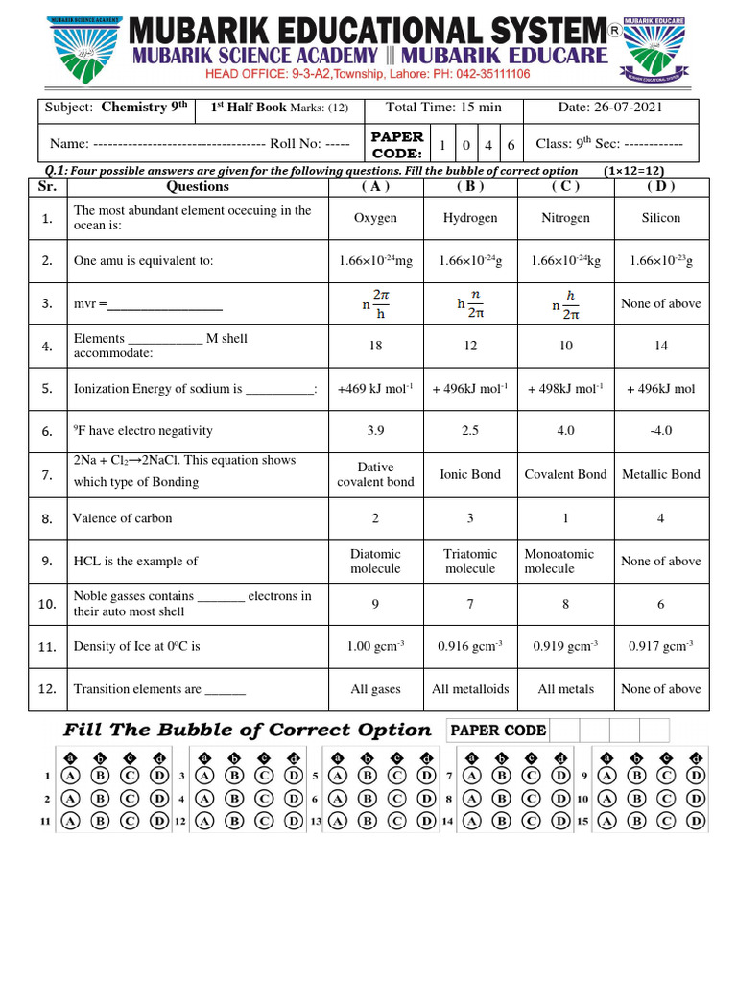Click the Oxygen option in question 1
click(375, 218)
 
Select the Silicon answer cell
click(660, 218)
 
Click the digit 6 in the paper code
click(511, 146)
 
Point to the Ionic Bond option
click(470, 474)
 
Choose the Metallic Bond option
click(660, 474)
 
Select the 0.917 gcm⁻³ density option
click(660, 646)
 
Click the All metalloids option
click(470, 689)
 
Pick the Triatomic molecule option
click(470, 562)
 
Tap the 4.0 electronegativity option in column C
click(565, 431)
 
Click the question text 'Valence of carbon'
click(123, 518)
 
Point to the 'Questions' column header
click(198, 186)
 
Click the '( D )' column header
click(660, 186)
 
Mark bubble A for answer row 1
click(70, 776)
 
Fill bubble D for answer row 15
click(697, 821)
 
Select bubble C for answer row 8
click(531, 799)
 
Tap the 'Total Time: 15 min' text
click(443, 108)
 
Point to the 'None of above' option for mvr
click(660, 303)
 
